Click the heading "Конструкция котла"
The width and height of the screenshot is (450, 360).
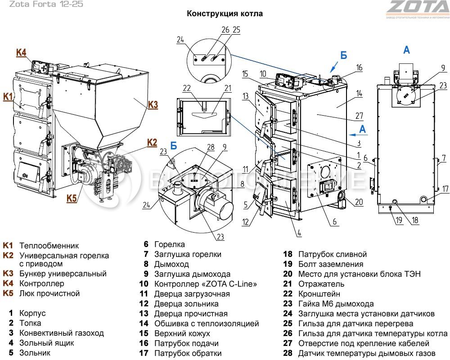point(225,13)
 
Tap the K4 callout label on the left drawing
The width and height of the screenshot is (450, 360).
point(21,53)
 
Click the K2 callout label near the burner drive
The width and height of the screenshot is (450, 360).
point(152,143)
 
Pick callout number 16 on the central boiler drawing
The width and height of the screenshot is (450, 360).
point(359,67)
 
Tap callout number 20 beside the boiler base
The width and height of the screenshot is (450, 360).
point(358,202)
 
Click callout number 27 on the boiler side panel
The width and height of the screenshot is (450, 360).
point(359,116)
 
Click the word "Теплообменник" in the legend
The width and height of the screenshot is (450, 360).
point(49,246)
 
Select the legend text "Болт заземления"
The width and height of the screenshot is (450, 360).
point(330,264)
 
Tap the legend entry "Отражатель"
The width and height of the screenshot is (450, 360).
point(321,284)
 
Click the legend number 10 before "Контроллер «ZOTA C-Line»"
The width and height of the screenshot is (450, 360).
point(144,284)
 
